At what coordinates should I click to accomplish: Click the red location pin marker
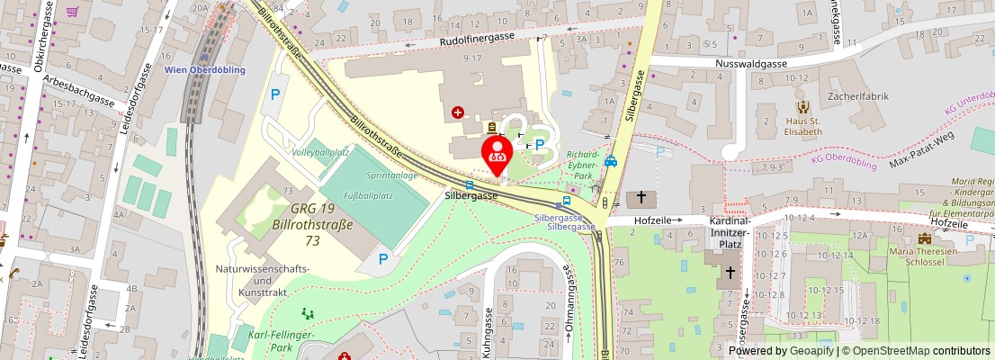(496, 154)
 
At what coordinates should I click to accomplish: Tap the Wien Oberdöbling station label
(205, 69)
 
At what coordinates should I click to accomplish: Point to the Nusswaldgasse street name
(750, 64)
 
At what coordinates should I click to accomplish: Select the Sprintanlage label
(391, 175)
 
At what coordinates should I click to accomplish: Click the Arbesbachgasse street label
(79, 91)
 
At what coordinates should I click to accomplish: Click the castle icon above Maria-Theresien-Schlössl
(926, 238)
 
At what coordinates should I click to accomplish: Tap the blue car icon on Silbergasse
(611, 162)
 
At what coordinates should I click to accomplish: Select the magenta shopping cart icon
(72, 12)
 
